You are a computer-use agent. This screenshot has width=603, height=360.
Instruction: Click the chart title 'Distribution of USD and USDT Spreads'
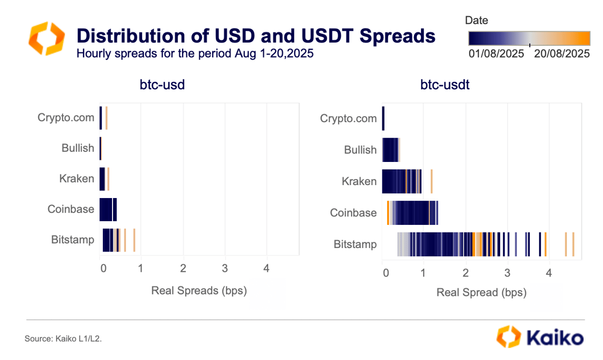256,36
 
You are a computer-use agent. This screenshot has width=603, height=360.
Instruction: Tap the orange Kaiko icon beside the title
46,38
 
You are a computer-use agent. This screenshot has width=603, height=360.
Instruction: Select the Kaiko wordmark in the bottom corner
540,337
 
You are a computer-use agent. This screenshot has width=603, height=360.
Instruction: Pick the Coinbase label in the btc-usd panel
71,209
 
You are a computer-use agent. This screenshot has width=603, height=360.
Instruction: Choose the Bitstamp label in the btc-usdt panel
355,244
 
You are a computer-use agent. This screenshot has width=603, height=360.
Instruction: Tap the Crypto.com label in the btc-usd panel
66,118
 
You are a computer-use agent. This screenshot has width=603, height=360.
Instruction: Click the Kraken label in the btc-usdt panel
359,181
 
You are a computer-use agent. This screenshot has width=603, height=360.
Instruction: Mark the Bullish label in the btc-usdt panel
360,150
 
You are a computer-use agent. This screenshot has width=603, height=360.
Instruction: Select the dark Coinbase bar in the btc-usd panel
107,209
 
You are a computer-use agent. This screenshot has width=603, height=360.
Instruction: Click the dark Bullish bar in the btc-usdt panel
390,150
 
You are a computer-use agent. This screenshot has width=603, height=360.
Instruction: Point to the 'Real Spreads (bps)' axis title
199,291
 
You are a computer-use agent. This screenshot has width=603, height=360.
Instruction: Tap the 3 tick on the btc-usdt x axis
507,272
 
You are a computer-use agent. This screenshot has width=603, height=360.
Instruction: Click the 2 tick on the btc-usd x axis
183,269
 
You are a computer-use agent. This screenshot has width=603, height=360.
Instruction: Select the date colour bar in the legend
529,37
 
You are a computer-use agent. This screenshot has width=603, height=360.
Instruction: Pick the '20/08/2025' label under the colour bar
561,54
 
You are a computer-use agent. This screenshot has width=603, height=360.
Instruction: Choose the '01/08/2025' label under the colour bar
496,54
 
